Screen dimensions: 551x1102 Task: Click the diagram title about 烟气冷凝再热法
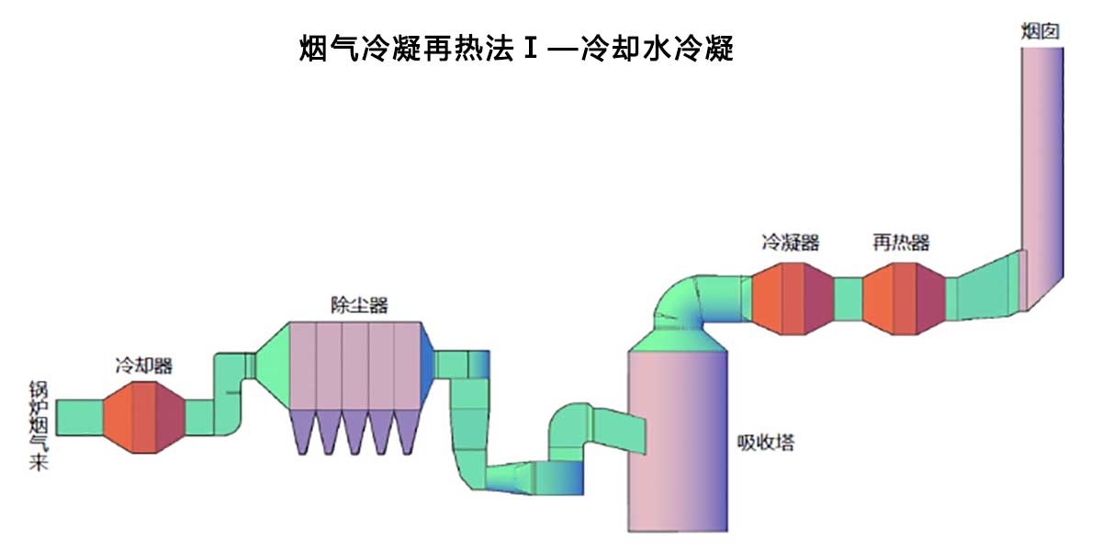(x=516, y=49)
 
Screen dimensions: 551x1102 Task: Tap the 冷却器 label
(x=143, y=365)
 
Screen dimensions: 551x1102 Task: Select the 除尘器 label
(x=359, y=305)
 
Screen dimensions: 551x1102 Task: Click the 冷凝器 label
(x=790, y=242)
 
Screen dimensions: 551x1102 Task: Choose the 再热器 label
(x=901, y=242)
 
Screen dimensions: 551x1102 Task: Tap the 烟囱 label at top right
(x=1041, y=30)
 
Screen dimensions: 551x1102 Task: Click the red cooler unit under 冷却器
(x=143, y=417)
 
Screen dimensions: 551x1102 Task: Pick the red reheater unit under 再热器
(x=903, y=298)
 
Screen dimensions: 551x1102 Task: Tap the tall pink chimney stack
(x=1041, y=165)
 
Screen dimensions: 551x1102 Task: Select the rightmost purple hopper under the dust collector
(x=407, y=431)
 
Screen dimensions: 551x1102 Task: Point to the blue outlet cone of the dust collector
(x=427, y=365)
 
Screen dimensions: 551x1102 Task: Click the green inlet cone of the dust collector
(x=273, y=365)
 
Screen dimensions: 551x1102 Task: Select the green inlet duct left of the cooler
(x=79, y=418)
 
